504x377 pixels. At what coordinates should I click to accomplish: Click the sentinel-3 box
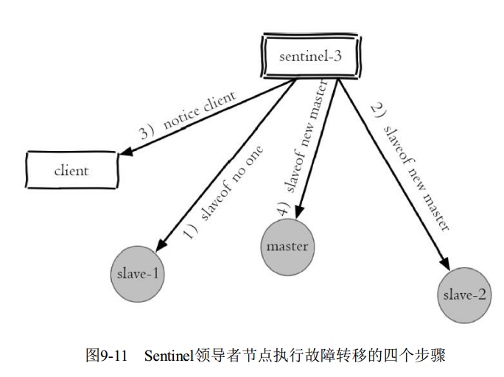(310, 56)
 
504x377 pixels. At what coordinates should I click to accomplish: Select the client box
(71, 171)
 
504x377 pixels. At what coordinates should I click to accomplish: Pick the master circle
(287, 246)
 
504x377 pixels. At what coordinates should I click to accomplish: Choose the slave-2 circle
(464, 295)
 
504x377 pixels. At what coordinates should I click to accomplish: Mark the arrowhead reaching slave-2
(447, 265)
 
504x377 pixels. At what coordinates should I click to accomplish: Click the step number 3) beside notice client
(147, 133)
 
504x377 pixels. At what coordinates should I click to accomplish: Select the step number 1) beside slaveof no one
(190, 233)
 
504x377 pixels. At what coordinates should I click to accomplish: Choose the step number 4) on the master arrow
(282, 208)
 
